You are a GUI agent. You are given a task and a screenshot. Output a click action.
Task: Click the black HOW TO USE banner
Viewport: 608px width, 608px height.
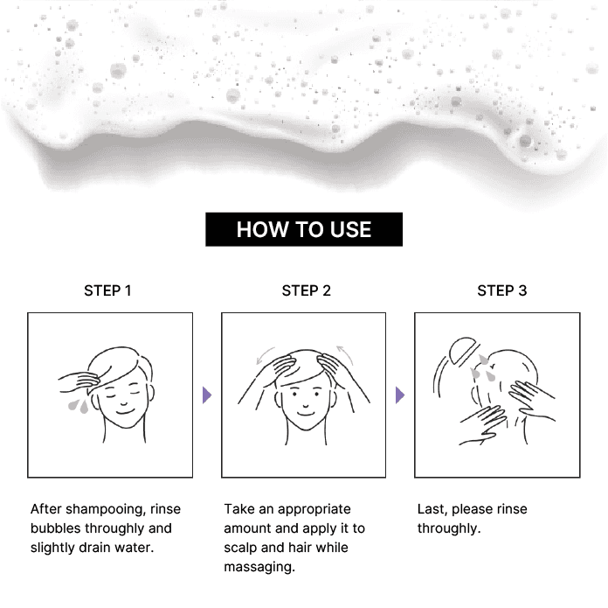click(x=304, y=229)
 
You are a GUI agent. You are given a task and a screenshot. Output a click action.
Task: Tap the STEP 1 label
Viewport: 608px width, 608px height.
click(x=107, y=290)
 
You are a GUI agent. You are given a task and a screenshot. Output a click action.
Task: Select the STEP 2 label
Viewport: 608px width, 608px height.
click(x=307, y=290)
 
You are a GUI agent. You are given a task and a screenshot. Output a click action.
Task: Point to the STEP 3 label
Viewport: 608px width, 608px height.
click(x=502, y=290)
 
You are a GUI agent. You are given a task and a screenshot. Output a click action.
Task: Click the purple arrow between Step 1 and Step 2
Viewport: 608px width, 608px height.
click(x=207, y=395)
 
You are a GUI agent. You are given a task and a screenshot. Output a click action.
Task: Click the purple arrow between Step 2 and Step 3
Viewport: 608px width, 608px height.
click(x=400, y=395)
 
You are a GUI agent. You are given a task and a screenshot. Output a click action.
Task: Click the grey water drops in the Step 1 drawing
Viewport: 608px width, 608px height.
click(x=78, y=406)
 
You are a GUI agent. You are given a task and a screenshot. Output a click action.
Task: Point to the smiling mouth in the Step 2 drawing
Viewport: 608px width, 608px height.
click(x=305, y=414)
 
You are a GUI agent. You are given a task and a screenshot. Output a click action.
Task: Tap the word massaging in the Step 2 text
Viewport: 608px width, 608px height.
click(x=259, y=567)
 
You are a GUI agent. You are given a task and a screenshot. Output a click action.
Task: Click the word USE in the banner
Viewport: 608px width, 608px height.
click(x=350, y=229)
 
